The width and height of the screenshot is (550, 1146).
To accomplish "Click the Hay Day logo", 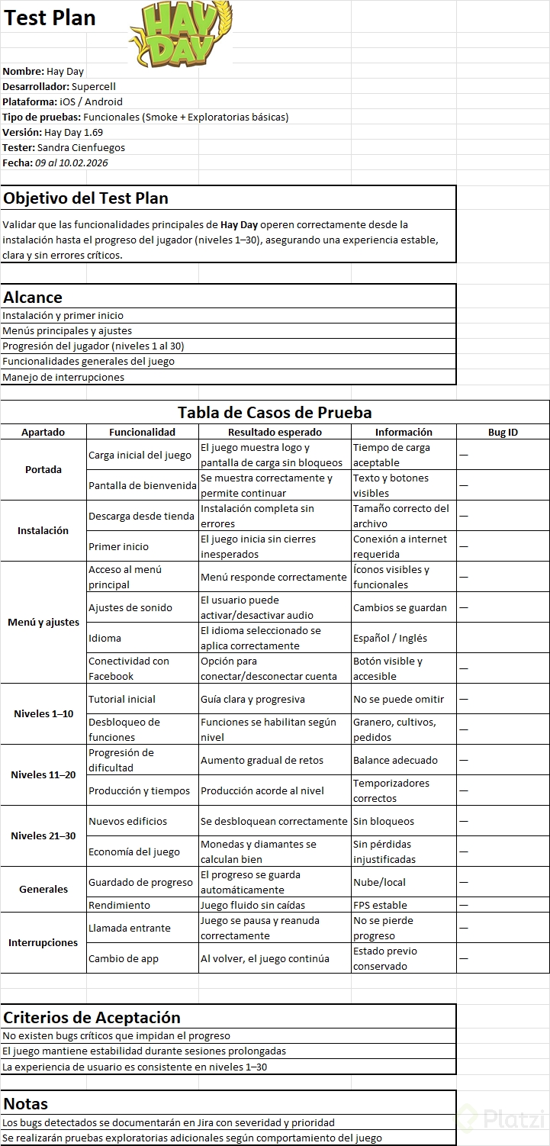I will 181,34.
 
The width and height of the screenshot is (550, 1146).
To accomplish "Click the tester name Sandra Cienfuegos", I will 81,147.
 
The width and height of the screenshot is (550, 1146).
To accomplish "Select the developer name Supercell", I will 94,86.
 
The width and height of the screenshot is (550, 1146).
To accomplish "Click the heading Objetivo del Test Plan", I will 86,198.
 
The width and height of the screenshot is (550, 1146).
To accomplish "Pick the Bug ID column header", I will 503,432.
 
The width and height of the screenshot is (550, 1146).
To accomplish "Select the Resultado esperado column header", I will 275,432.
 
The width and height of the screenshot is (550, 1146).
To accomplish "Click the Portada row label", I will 43,469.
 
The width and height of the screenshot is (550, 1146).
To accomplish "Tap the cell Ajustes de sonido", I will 130,607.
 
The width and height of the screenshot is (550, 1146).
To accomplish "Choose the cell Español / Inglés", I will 390,638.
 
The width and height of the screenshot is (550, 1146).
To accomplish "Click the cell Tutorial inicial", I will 122,699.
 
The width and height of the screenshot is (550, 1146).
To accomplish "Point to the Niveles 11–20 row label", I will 43,774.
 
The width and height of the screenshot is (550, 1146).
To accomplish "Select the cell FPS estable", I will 380,905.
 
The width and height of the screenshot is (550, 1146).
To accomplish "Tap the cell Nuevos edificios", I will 127,821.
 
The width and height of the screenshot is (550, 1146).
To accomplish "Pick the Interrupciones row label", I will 43,942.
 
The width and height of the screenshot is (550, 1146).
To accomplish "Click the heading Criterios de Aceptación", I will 92,1017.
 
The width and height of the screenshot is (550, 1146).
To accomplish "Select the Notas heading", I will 25,1103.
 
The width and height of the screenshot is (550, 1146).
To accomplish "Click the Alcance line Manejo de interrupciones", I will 63,377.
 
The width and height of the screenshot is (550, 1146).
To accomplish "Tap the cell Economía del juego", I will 134,851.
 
